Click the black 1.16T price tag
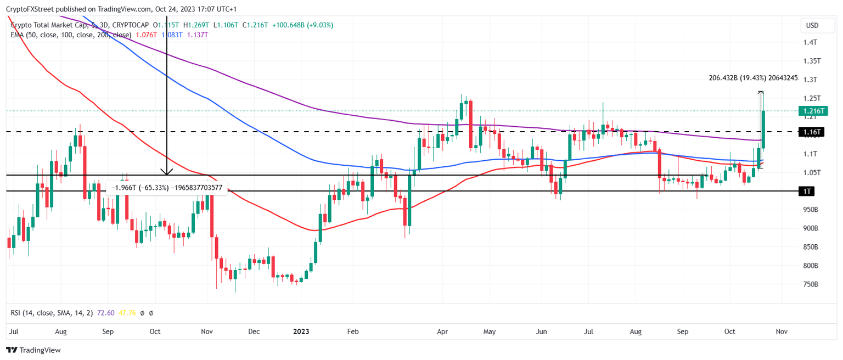[x=811, y=132]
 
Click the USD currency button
[x=812, y=25]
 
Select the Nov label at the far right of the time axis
[x=782, y=331]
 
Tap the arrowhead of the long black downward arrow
[x=166, y=172]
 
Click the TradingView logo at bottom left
[x=33, y=350]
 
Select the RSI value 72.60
[x=105, y=313]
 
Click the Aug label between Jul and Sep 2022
[x=61, y=331]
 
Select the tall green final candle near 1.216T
[x=763, y=130]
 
